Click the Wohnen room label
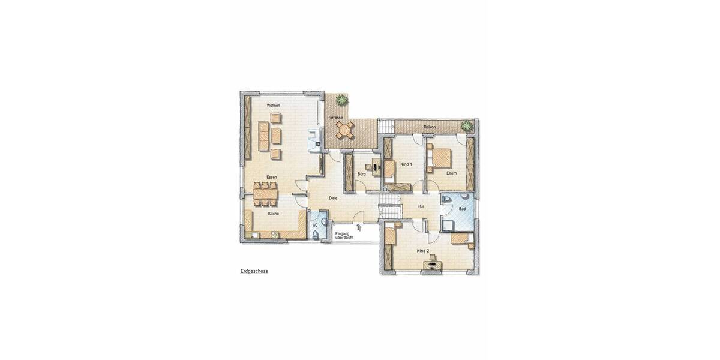pyautogui.click(x=274, y=106)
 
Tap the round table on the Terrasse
pyautogui.click(x=344, y=128)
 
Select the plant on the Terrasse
pyautogui.click(x=341, y=99)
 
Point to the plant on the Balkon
pyautogui.click(x=466, y=125)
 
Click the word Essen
pyautogui.click(x=272, y=178)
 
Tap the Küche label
pyautogui.click(x=273, y=214)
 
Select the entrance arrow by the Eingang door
pyautogui.click(x=359, y=227)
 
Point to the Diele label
pyautogui.click(x=333, y=198)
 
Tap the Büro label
pyautogui.click(x=362, y=174)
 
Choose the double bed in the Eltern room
pyautogui.click(x=439, y=157)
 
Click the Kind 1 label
pyautogui.click(x=406, y=164)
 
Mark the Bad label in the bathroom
pyautogui.click(x=462, y=209)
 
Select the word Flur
pyautogui.click(x=421, y=207)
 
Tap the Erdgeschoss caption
pyautogui.click(x=254, y=271)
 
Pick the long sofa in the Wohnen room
pyautogui.click(x=262, y=137)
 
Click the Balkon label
pyautogui.click(x=429, y=127)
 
